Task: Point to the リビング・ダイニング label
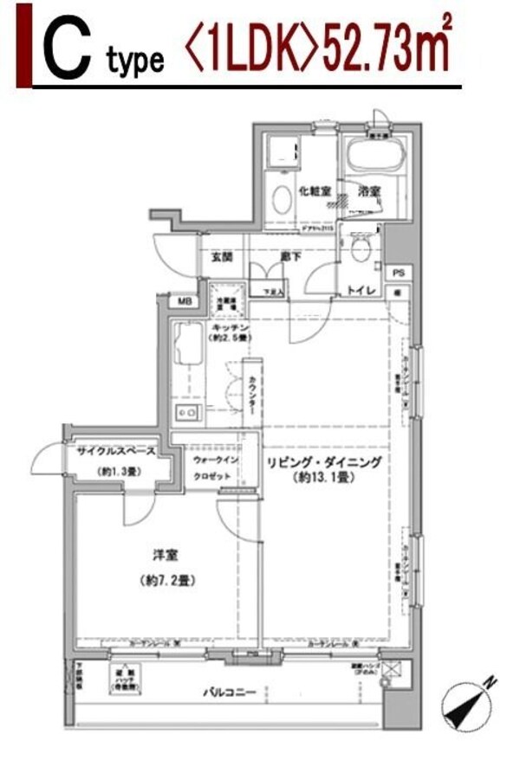pos(323,461)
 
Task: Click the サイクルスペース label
pos(114,451)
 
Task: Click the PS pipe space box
pos(398,273)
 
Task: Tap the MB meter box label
pos(185,301)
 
